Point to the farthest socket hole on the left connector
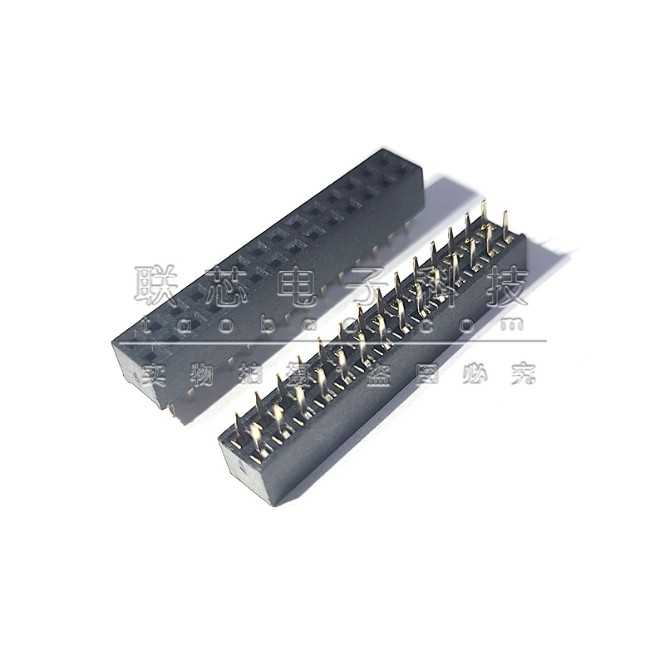pyautogui.click(x=405, y=169)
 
